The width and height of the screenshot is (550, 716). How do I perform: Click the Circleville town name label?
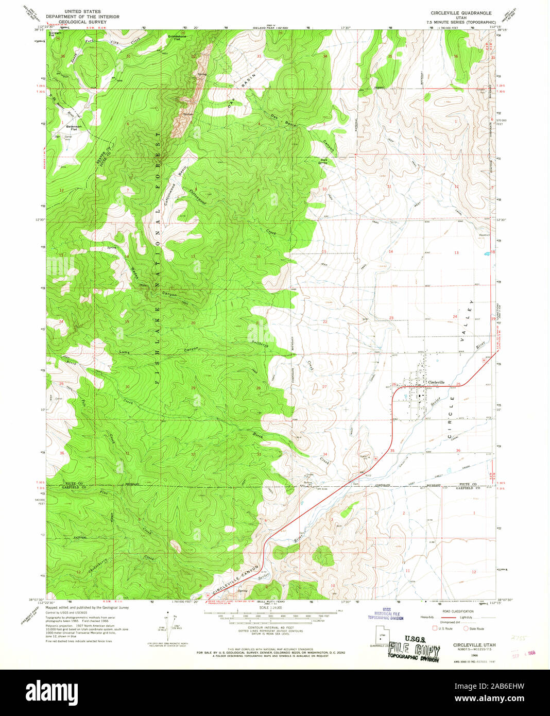436,382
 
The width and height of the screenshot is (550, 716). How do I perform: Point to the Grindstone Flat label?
178,38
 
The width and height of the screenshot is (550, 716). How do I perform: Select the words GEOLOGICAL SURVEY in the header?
82,22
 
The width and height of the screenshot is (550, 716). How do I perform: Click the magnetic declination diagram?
167,624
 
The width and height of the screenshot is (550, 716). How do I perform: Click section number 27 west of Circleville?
324,386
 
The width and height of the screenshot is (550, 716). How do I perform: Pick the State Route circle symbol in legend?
467,628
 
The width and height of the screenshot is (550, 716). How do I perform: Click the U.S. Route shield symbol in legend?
435,628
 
